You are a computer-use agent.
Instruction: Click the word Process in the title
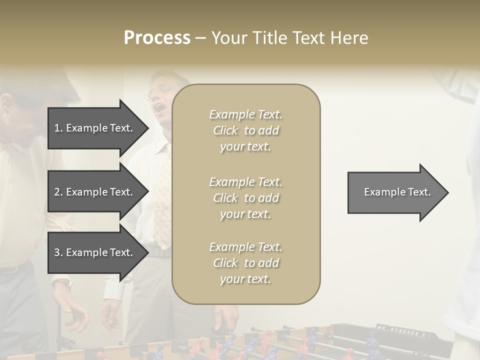[x=157, y=38]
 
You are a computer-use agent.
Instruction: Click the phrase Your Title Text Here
[x=289, y=38]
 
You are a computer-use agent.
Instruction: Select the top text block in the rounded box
[x=245, y=130]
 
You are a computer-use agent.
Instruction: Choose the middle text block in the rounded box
[x=245, y=198]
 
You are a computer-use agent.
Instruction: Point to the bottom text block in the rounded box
[x=245, y=263]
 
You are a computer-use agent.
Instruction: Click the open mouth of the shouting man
[x=158, y=107]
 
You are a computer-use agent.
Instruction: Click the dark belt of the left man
[x=12, y=269]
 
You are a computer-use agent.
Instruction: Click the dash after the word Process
[x=200, y=38]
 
